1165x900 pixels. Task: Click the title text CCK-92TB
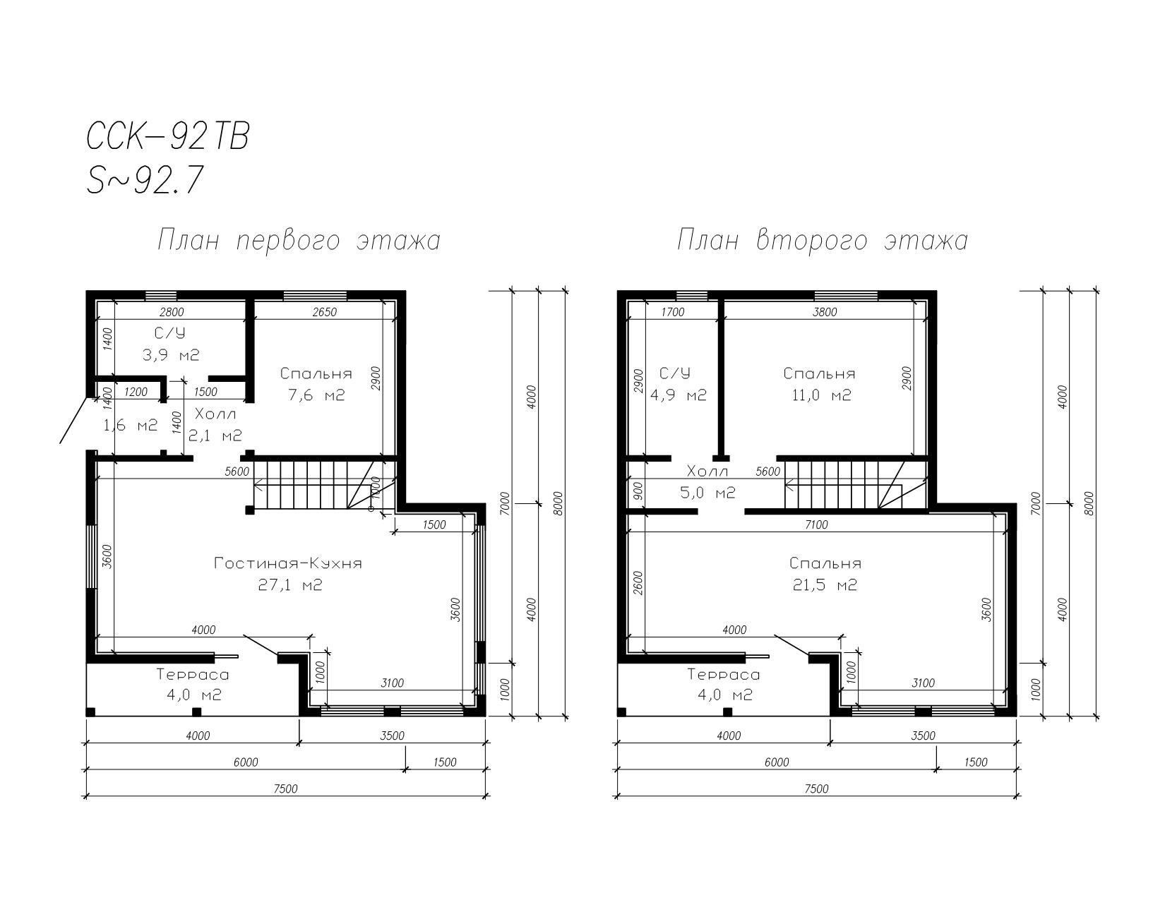(x=168, y=136)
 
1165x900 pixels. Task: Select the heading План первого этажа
(x=299, y=241)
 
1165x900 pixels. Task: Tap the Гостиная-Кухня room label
(x=288, y=563)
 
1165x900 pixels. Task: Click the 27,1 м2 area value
(x=290, y=584)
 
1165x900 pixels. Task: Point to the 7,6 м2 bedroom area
(x=316, y=395)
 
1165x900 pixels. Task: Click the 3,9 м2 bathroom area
(x=171, y=355)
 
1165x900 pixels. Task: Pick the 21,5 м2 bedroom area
(x=825, y=584)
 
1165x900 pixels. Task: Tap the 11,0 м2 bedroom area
(x=821, y=395)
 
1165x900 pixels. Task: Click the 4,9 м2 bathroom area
(x=679, y=395)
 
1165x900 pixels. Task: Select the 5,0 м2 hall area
(x=707, y=493)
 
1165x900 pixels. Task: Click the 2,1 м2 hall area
(x=215, y=436)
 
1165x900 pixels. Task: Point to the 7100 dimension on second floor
(x=816, y=524)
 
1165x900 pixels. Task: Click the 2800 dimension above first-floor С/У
(x=172, y=312)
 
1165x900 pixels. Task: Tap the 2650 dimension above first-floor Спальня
(x=324, y=312)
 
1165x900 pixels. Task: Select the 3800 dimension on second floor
(x=825, y=312)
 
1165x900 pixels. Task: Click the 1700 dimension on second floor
(x=673, y=312)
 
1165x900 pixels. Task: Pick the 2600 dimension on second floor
(x=638, y=582)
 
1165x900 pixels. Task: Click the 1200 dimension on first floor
(x=136, y=392)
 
